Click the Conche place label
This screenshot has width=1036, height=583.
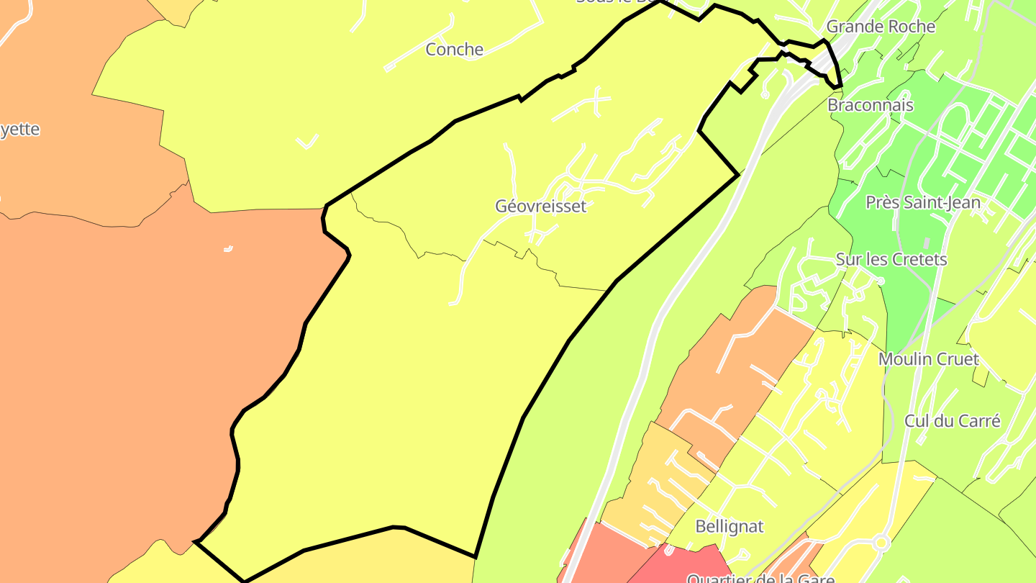[455, 50]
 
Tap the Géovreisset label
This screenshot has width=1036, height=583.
[540, 207]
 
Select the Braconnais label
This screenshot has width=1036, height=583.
[871, 105]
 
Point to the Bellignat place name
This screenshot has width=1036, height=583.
[730, 527]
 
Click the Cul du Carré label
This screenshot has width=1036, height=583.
[953, 421]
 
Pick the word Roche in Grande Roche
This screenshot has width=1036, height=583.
[910, 27]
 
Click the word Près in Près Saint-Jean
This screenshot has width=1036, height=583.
[882, 202]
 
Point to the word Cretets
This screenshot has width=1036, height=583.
[919, 260]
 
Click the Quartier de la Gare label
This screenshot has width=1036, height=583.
[760, 578]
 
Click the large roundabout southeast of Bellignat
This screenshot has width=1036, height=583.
[881, 543]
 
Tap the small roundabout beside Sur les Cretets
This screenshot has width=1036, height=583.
[880, 281]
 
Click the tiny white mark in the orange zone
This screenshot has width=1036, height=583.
[228, 249]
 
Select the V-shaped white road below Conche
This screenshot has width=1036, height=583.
[307, 142]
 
